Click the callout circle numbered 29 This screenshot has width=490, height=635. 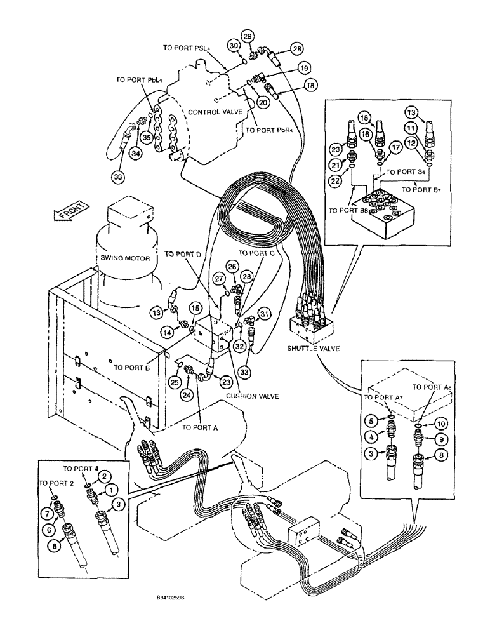click(248, 36)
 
